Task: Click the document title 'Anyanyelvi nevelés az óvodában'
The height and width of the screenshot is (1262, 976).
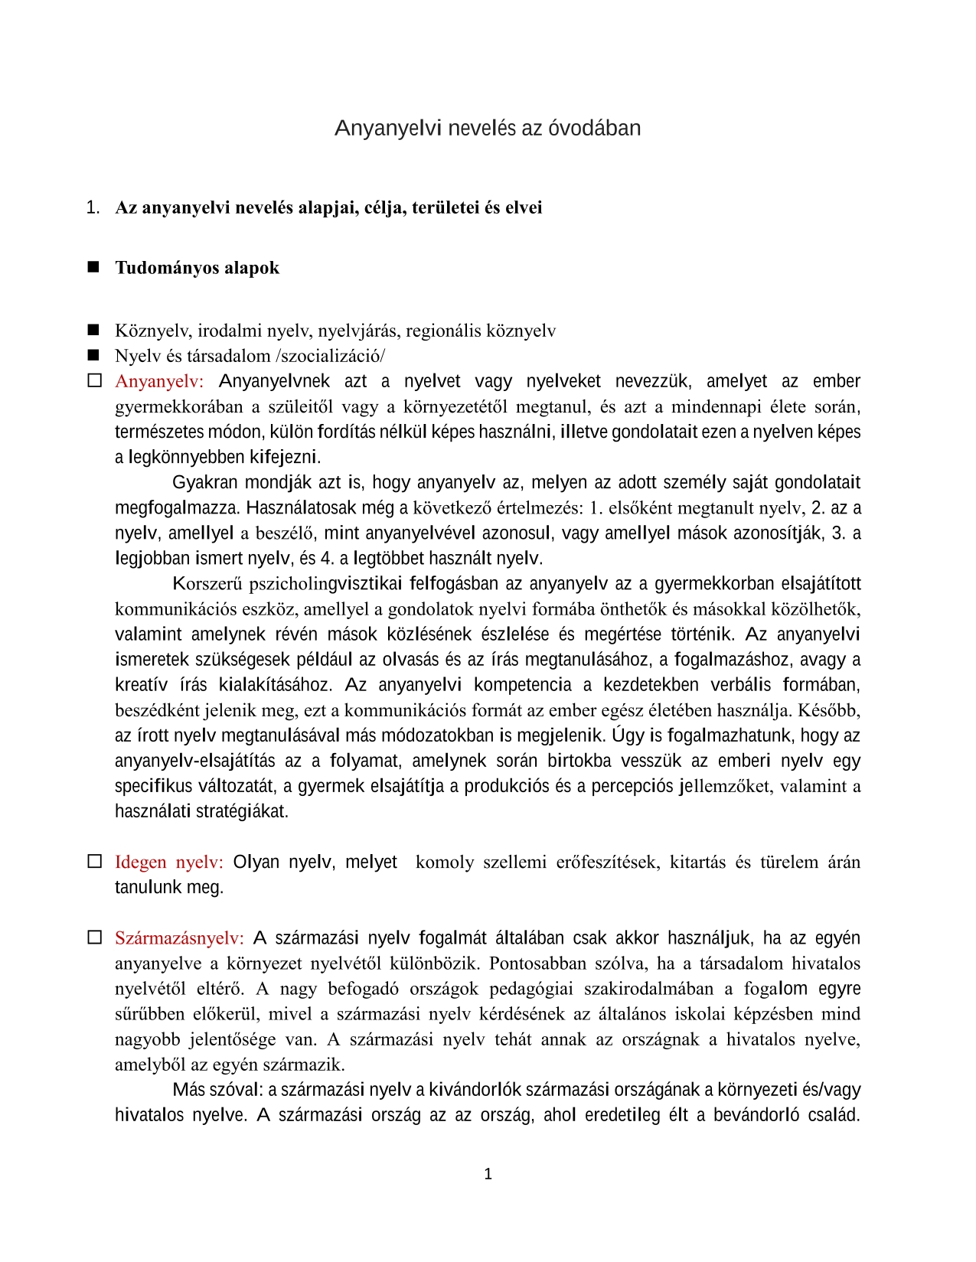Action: [488, 128]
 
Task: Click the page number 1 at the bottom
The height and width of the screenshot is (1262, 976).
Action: [488, 1174]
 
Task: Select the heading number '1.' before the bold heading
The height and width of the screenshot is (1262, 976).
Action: [93, 207]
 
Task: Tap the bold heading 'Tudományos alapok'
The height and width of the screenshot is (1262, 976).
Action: [197, 268]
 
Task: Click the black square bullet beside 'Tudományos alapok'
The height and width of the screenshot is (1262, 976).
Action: [94, 267]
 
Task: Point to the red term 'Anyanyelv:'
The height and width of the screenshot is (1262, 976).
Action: [159, 381]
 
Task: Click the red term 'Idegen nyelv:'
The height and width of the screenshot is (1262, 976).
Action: [168, 862]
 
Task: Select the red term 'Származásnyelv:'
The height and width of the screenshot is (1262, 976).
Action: [179, 938]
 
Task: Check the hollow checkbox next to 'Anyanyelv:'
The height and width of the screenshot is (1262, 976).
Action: [94, 380]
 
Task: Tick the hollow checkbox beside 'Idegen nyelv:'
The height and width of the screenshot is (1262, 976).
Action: [94, 861]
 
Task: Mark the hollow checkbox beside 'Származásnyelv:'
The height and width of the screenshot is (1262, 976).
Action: [94, 938]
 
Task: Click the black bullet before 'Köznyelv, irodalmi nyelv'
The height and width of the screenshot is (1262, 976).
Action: [94, 330]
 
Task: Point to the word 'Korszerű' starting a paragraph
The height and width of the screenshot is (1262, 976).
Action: [207, 584]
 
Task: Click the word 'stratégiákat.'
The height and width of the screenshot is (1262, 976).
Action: [243, 811]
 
